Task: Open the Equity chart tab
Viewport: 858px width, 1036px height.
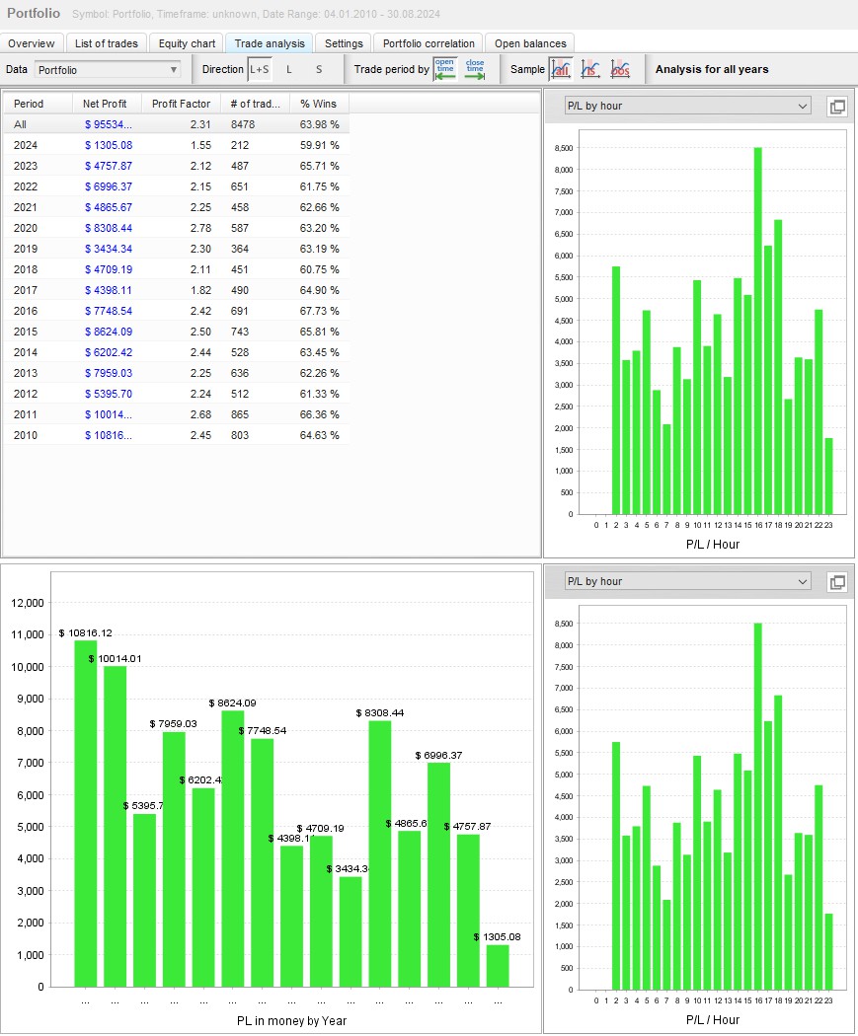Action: tap(188, 43)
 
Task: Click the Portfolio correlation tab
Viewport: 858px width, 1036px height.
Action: tap(429, 43)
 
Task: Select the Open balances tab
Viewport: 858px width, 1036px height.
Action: tap(530, 43)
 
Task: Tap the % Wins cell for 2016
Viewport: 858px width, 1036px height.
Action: tap(320, 311)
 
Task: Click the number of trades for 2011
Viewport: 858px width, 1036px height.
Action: tap(242, 414)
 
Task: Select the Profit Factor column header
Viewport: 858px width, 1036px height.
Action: tap(181, 104)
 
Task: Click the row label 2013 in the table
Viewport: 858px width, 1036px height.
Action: tap(26, 373)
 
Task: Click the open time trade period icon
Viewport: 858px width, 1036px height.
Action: tap(445, 69)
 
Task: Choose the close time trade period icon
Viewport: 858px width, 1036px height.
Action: tap(475, 69)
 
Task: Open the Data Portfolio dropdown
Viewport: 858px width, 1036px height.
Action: tap(108, 70)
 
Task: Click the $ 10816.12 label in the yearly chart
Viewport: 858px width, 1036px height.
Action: tap(86, 632)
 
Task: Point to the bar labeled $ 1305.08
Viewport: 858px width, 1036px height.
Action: tap(498, 965)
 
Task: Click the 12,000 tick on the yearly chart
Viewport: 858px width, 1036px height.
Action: tap(27, 603)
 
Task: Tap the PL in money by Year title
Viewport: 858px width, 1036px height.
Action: tap(291, 1020)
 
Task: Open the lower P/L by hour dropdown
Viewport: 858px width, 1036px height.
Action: tap(687, 581)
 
